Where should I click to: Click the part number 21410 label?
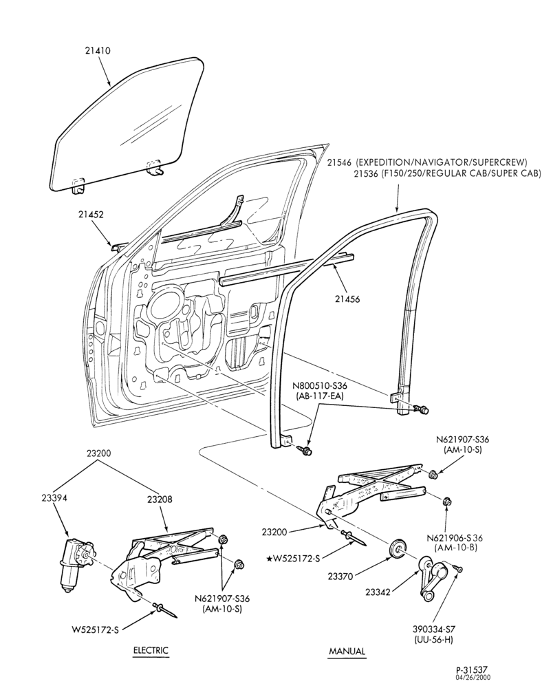coord(98,50)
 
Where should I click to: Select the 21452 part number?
coord(91,215)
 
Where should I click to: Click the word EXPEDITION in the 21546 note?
coord(380,162)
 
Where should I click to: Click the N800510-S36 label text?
coord(320,386)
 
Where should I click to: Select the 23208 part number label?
coord(160,499)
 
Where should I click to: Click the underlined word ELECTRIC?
coord(151,650)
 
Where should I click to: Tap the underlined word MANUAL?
coord(347,651)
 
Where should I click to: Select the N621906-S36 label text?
coord(452,537)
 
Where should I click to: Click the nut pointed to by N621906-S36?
coord(446,502)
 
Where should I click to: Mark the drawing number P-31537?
coord(476,669)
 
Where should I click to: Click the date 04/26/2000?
coord(479,677)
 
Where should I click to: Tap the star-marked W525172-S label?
coord(292,559)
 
